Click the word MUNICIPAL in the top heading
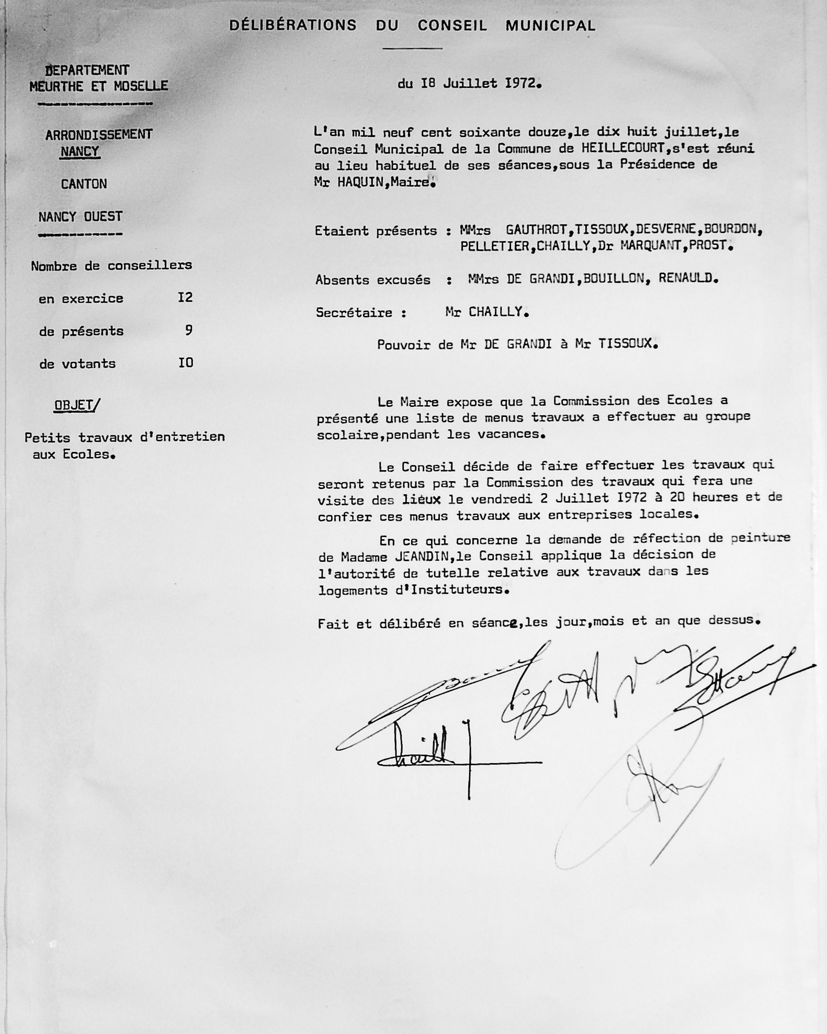(550, 26)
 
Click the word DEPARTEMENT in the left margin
(87, 70)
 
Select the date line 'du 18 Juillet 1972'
(469, 84)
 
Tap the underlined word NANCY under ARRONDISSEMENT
(80, 152)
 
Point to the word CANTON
(84, 184)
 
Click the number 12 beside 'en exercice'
(185, 298)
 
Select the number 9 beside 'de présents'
(188, 330)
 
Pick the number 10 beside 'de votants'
(186, 362)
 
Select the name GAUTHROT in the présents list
(536, 229)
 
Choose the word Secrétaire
(354, 313)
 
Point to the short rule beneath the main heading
(412, 48)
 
